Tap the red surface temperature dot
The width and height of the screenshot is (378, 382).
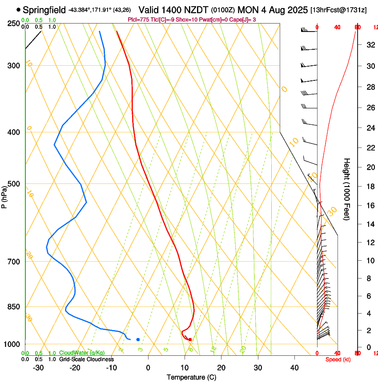190,339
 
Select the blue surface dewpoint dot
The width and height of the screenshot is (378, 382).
138,339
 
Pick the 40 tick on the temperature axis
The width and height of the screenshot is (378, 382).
294,367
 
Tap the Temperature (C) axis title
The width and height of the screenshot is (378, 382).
191,377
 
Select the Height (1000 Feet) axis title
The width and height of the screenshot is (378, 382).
347,189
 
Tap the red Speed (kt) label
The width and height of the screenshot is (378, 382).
337,359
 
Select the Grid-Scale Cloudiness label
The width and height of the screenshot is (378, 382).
86,359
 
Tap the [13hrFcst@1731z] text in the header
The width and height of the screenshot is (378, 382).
338,9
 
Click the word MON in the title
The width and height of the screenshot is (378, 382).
246,9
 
